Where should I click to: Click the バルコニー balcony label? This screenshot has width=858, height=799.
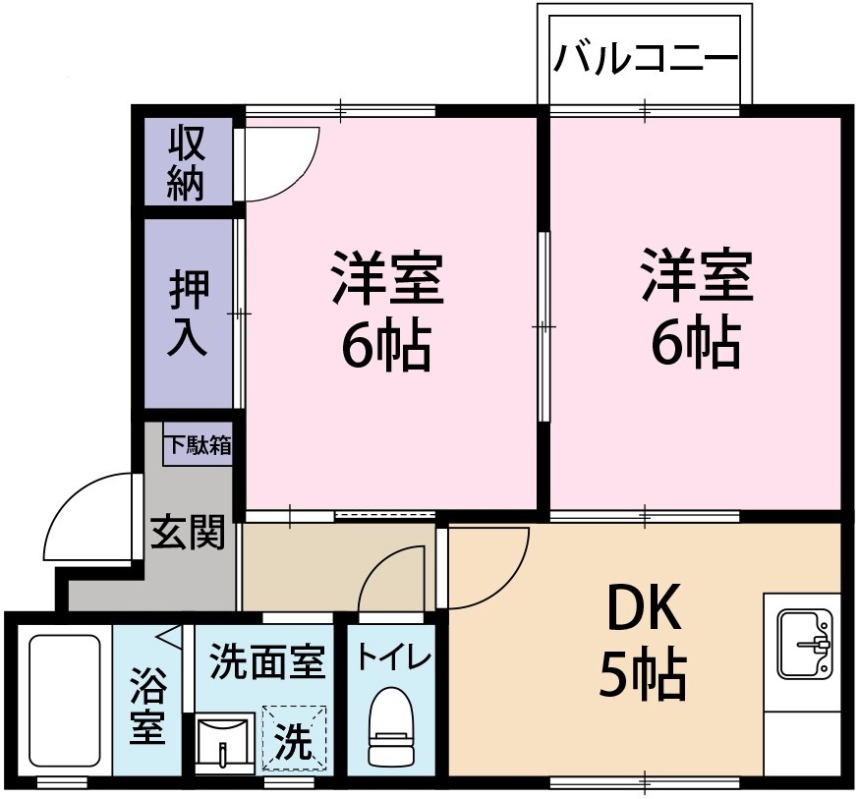click(x=645, y=60)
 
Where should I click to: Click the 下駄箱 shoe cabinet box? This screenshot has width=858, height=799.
click(x=198, y=445)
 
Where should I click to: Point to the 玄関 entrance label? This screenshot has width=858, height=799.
click(x=188, y=533)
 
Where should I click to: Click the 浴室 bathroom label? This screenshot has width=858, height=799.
click(x=147, y=707)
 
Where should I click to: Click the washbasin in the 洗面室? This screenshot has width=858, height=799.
click(x=226, y=744)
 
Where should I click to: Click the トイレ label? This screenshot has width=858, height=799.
click(x=391, y=656)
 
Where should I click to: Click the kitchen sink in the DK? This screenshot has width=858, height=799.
click(x=805, y=644)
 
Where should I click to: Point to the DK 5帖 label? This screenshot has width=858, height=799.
click(x=644, y=644)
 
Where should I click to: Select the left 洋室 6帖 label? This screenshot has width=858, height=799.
click(x=387, y=310)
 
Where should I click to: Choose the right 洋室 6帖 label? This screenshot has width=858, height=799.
click(x=697, y=310)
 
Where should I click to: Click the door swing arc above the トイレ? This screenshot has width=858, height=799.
click(x=393, y=580)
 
